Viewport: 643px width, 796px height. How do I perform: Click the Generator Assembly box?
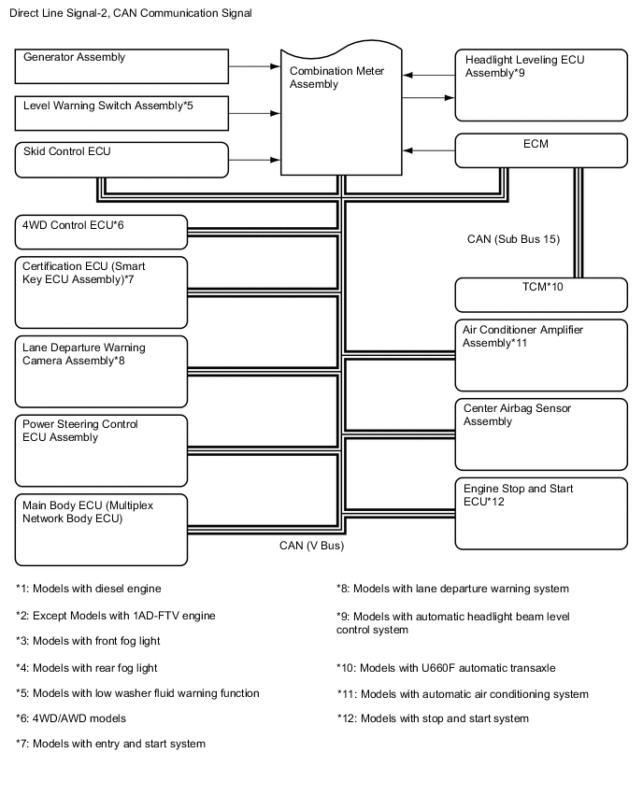[x=122, y=66]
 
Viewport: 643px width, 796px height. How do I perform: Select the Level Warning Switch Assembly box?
[x=122, y=113]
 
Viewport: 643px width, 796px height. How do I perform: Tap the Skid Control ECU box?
[x=122, y=159]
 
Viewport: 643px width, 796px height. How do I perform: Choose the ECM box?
[x=540, y=151]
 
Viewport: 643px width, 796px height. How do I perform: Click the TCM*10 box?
[x=540, y=294]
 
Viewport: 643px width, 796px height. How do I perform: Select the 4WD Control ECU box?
[x=102, y=232]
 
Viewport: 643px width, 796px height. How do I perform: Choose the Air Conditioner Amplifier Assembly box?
[x=540, y=355]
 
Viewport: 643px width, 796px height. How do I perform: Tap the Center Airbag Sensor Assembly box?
[x=540, y=434]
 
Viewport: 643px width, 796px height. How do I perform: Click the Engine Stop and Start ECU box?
[x=540, y=513]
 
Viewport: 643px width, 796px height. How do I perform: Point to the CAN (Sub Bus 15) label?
[x=513, y=239]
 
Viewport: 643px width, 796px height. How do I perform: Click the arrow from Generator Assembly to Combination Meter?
[x=255, y=66]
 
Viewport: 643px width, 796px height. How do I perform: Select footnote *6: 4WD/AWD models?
[x=71, y=718]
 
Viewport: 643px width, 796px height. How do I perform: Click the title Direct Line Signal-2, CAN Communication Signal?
[x=129, y=13]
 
